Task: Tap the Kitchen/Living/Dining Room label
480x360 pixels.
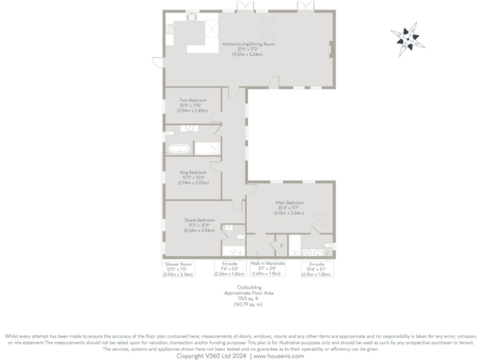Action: point(249,49)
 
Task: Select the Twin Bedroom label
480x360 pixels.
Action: point(192,105)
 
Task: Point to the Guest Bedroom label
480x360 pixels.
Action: point(199,225)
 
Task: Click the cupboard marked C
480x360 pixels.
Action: point(281,246)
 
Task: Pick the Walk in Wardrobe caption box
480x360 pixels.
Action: point(267,269)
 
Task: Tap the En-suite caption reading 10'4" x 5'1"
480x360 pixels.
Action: point(316,269)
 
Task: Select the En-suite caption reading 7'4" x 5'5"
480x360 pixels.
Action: point(226,269)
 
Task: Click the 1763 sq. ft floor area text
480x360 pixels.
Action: point(249,298)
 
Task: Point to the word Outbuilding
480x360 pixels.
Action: point(249,287)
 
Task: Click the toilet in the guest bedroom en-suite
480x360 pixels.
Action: point(241,237)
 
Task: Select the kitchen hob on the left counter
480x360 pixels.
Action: point(168,32)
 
